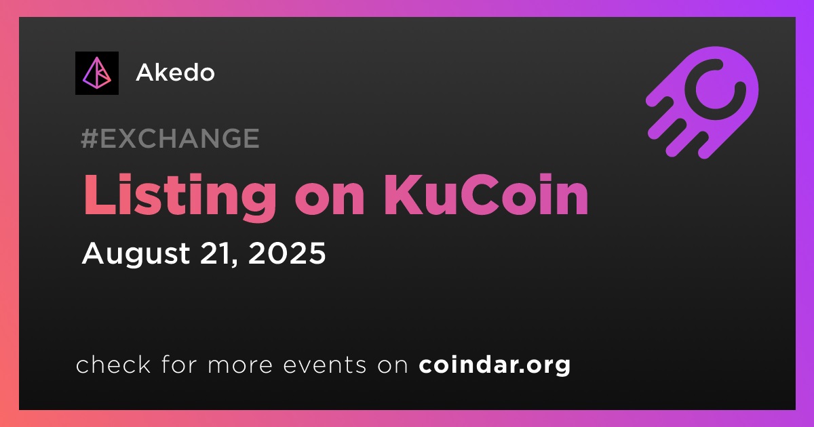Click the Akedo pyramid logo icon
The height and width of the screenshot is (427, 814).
pos(96,73)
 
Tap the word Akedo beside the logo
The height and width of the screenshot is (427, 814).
pos(175,73)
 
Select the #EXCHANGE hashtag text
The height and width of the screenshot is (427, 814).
pos(170,138)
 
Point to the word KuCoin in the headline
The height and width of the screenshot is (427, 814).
pos(486,195)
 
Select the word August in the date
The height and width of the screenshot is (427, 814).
pos(136,253)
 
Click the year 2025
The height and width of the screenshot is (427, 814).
pos(287,253)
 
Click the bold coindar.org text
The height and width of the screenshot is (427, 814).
pos(495,365)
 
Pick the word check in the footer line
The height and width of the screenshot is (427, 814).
pos(113,364)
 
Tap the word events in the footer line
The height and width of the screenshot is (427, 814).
pos(325,365)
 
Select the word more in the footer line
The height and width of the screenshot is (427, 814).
pos(240,365)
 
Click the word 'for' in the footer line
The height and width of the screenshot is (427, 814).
pos(179,364)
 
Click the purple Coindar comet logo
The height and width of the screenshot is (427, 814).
pos(703,103)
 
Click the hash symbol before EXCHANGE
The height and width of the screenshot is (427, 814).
pos(89,138)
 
